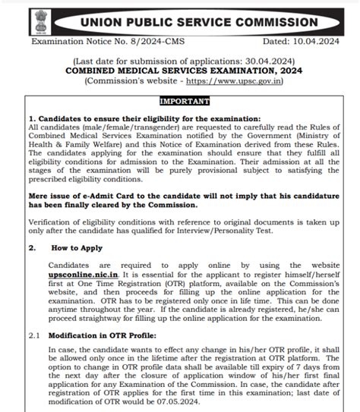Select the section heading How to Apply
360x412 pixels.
[78, 248]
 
